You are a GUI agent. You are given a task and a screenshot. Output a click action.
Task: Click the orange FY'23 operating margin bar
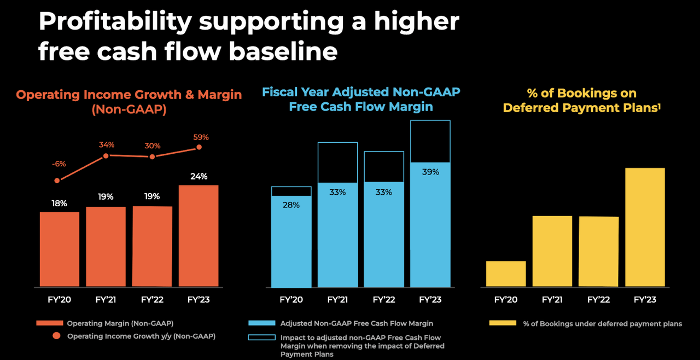click(x=198, y=236)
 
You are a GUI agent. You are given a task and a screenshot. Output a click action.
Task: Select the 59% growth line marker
click(x=199, y=147)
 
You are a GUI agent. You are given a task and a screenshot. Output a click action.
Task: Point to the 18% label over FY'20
click(x=59, y=204)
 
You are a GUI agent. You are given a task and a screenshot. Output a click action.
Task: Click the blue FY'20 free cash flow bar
click(x=291, y=241)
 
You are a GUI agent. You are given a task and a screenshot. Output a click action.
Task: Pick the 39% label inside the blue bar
click(x=430, y=172)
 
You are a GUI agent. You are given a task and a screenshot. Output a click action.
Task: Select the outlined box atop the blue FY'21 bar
click(x=337, y=162)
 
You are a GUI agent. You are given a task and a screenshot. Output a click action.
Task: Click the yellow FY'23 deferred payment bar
click(x=645, y=227)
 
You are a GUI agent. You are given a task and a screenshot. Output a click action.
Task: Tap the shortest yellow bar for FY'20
click(x=506, y=274)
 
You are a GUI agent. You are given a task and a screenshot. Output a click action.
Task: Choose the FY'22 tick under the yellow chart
click(x=598, y=300)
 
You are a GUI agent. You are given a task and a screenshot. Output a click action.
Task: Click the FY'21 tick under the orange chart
click(x=106, y=300)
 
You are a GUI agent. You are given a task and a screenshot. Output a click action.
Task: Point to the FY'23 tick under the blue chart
click(x=430, y=300)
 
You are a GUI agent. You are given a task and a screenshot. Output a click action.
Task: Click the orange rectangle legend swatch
click(x=49, y=323)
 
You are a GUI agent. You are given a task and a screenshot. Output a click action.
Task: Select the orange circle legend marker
click(x=57, y=336)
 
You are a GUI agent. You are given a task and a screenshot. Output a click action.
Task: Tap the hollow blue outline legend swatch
click(x=261, y=338)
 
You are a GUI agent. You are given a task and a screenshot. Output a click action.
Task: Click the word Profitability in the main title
click(x=115, y=22)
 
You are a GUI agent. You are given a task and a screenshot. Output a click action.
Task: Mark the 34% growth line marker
click(x=106, y=156)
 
